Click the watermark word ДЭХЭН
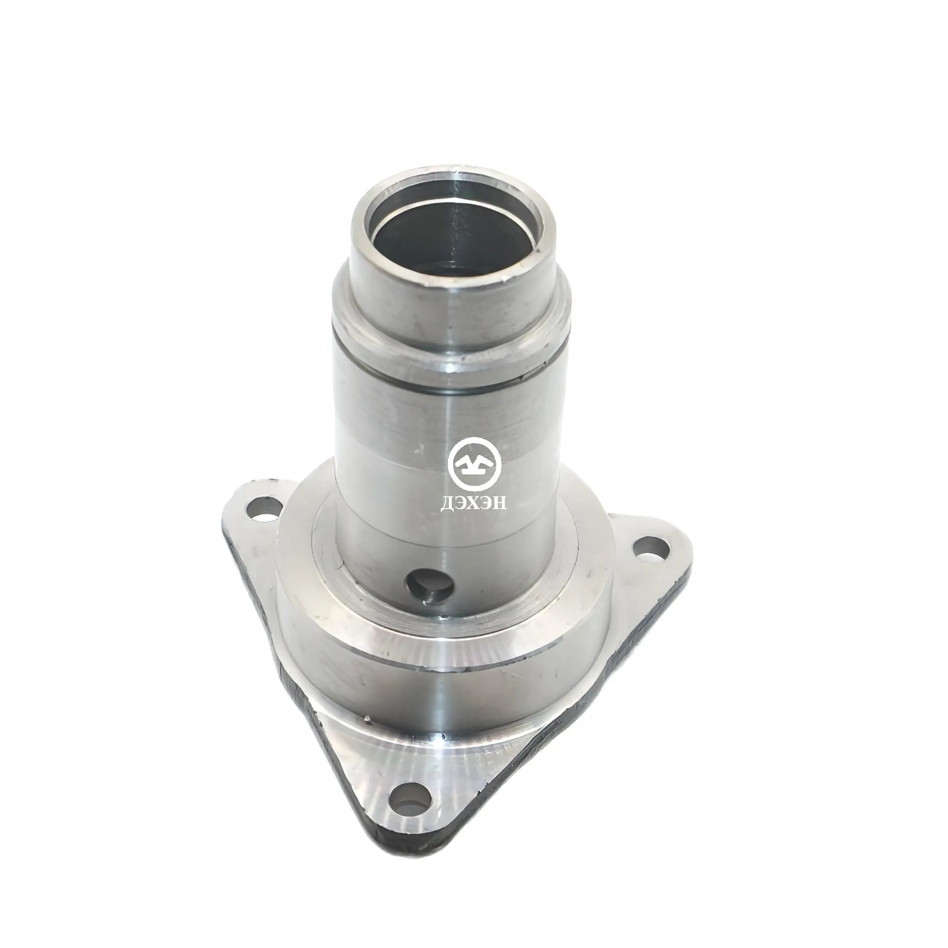tap(474, 504)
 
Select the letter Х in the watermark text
tap(474, 504)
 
